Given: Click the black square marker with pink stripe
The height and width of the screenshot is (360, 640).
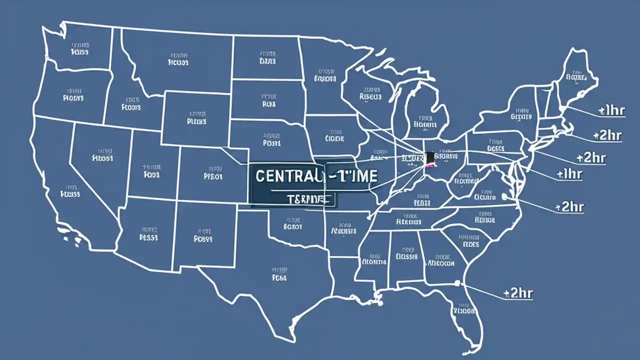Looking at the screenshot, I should click(x=429, y=158).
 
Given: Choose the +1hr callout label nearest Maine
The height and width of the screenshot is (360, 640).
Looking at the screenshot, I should click(x=610, y=110).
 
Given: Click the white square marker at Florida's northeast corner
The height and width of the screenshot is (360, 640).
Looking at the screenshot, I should click(x=456, y=283).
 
